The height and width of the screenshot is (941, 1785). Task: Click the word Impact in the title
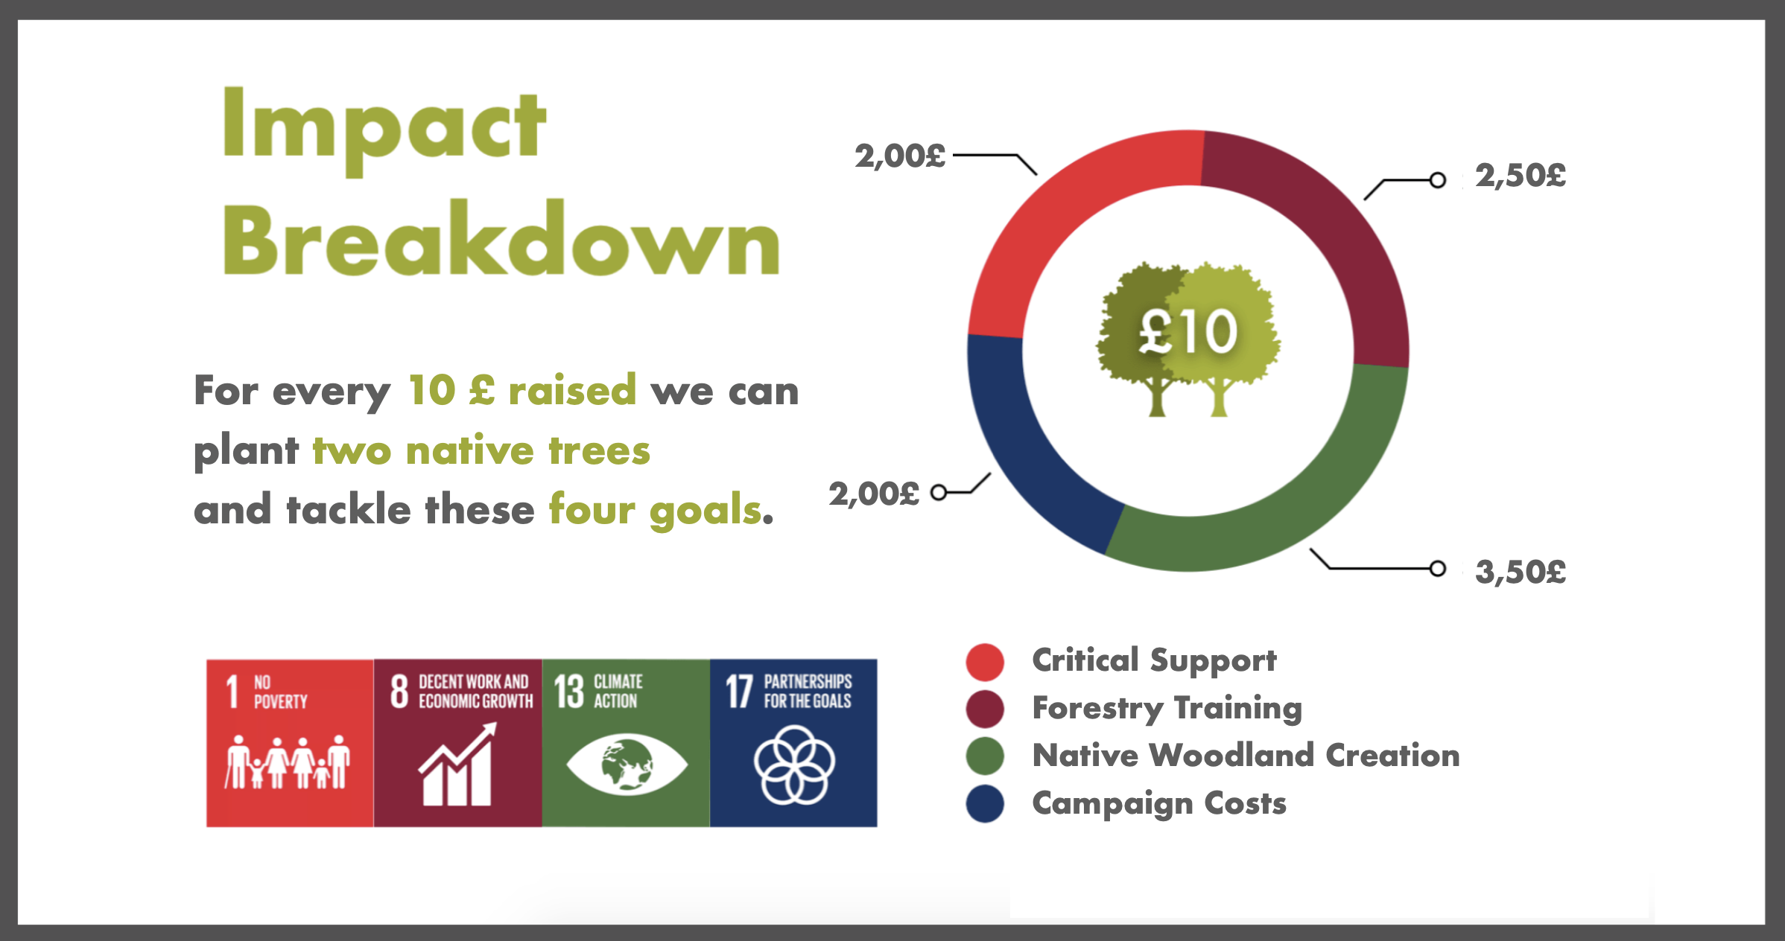pos(384,131)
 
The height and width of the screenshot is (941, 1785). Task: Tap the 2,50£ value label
pos(1521,176)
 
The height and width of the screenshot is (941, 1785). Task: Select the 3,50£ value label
pos(1521,572)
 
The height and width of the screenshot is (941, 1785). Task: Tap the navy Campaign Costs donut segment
pos(1028,454)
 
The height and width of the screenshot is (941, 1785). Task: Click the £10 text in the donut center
pos(1188,331)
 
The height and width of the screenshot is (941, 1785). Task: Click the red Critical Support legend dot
pos(985,662)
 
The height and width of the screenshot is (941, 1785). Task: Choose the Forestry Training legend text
pos(1167,709)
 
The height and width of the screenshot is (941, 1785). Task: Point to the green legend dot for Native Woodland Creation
pos(985,756)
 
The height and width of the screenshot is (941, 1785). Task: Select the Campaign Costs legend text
pos(1159,804)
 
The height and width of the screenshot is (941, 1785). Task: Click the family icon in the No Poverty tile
pos(288,762)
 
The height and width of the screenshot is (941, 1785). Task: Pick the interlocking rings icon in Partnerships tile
pos(794,765)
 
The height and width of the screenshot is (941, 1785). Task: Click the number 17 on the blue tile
pos(739,692)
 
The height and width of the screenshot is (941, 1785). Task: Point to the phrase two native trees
pos(481,451)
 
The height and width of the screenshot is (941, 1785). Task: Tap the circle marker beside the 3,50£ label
pos(1438,569)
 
